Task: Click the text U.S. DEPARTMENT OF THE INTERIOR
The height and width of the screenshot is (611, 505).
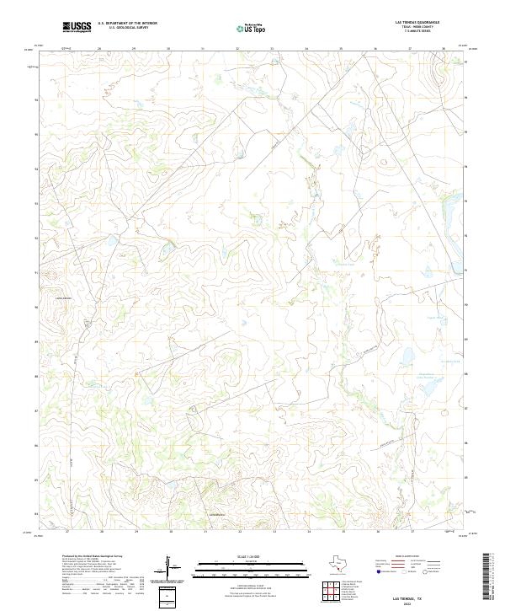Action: coord(127,24)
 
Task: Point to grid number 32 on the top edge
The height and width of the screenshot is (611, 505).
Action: coord(237,49)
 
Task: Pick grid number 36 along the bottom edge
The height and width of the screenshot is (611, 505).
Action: coord(375,531)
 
